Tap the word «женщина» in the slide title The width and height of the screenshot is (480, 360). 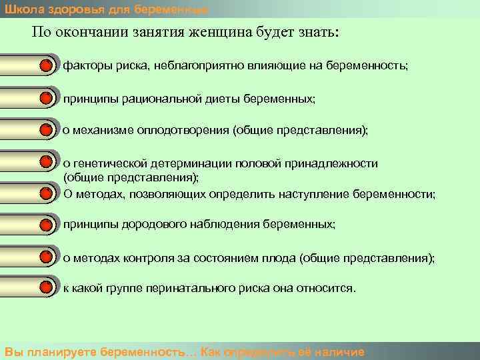point(217,33)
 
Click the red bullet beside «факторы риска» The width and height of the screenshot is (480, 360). point(45,67)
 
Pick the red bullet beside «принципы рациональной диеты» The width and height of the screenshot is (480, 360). point(45,99)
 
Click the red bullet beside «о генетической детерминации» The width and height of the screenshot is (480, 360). point(45,163)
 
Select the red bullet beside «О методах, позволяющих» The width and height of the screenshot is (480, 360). point(45,194)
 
